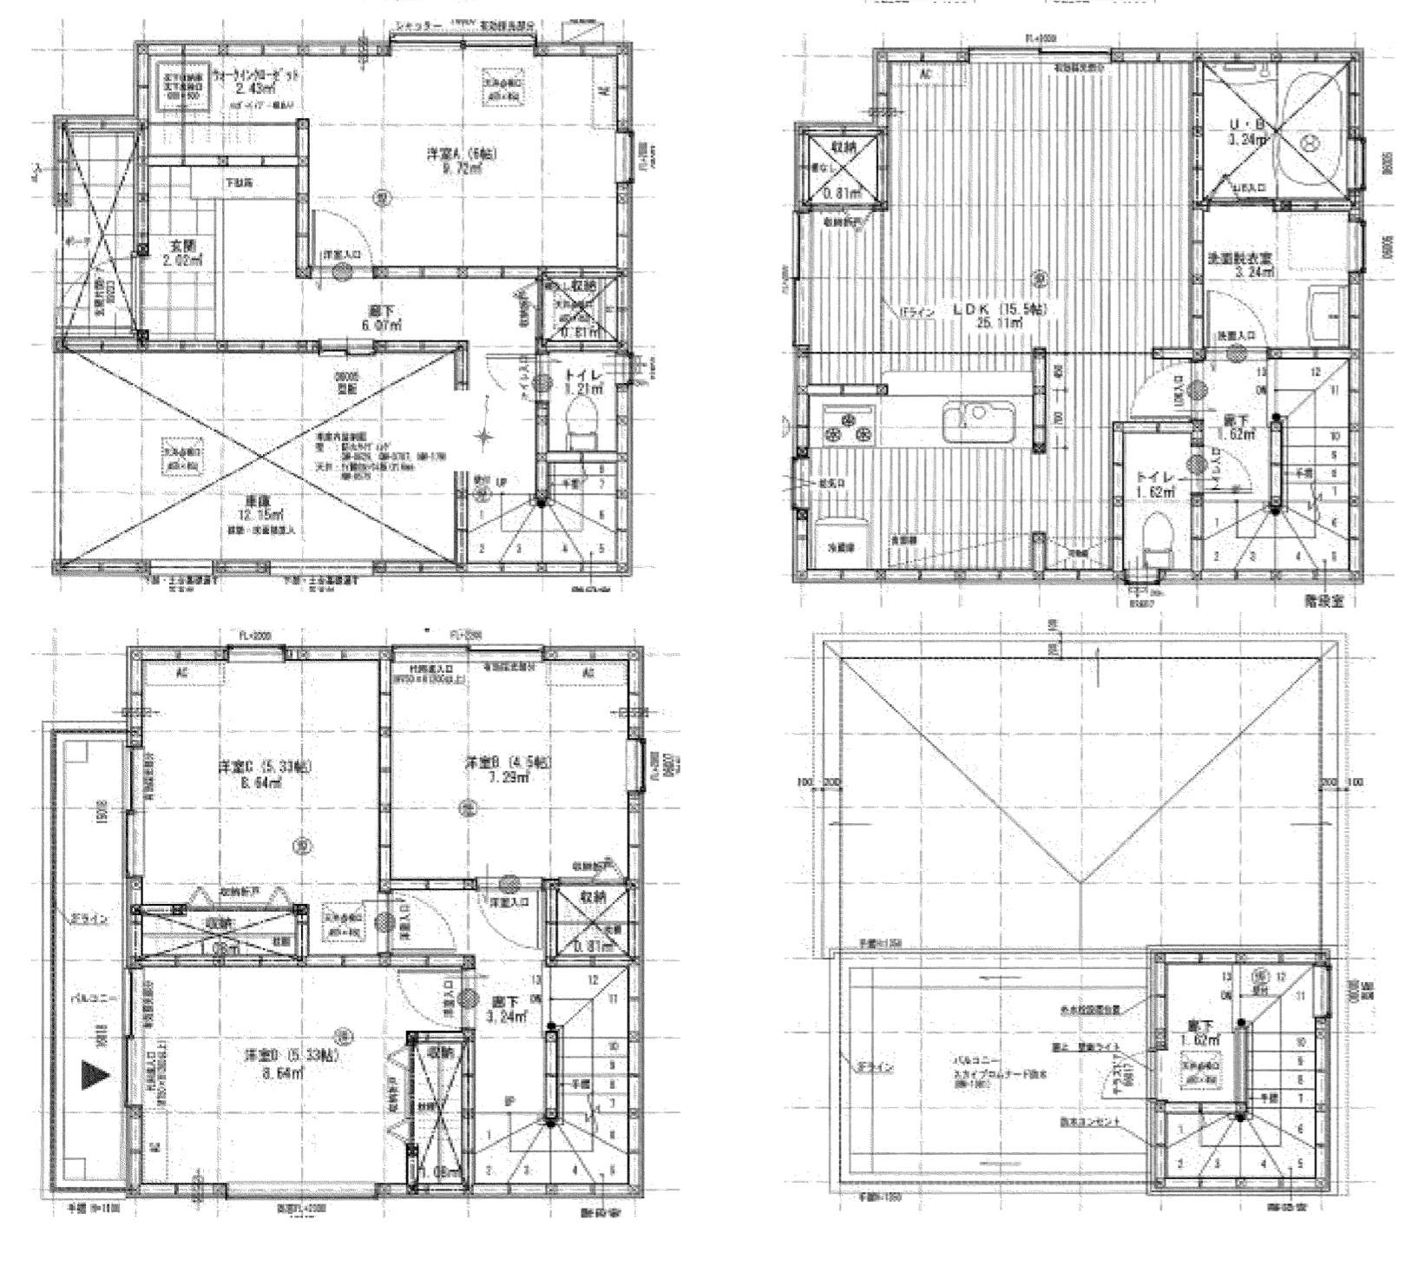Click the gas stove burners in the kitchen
847,425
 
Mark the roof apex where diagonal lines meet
1080,882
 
